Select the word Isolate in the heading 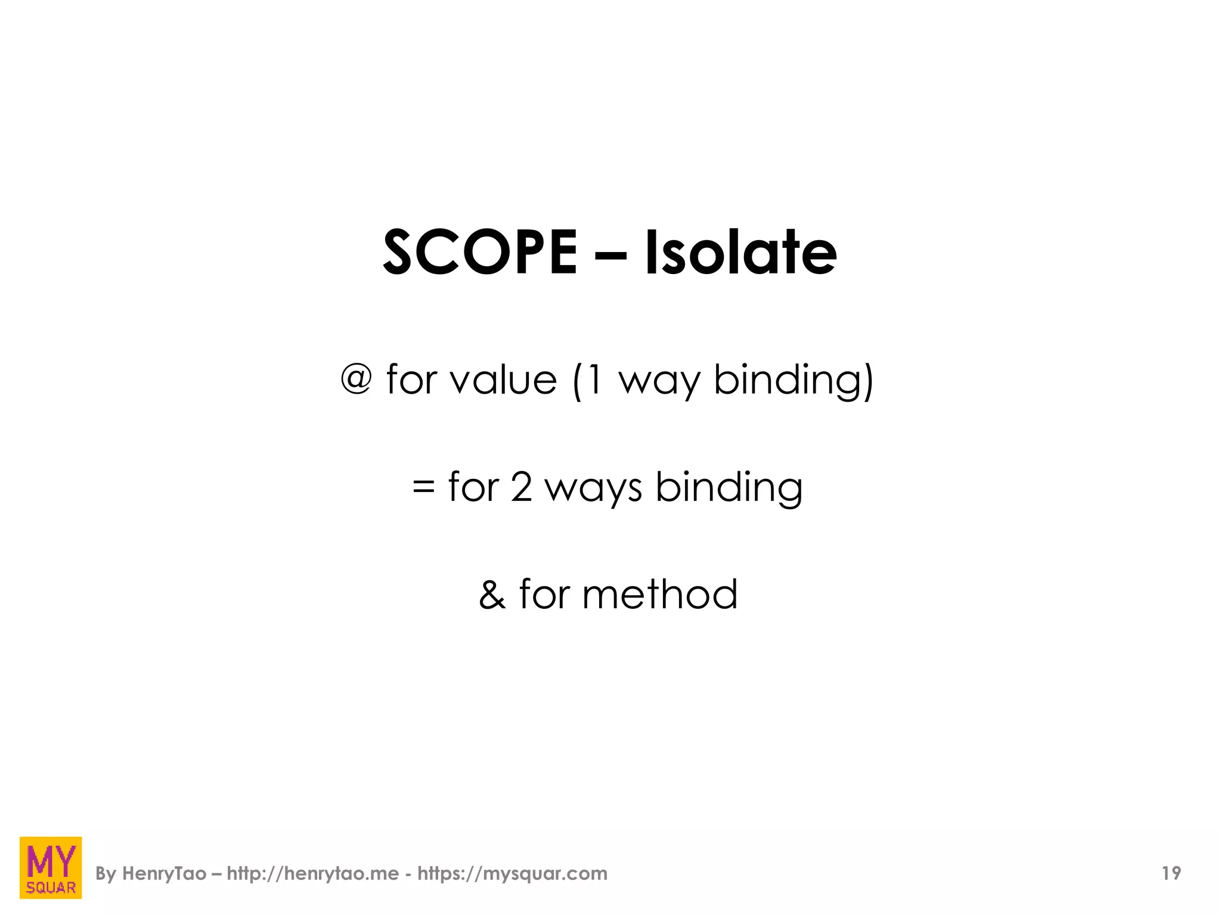(741, 253)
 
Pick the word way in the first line (659, 382)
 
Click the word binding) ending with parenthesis (794, 381)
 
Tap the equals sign (423, 487)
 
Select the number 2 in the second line (521, 487)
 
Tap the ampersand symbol (492, 595)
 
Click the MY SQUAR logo (51, 867)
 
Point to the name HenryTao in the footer (164, 874)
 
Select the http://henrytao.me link (313, 874)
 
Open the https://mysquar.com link (512, 874)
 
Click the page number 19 (1171, 873)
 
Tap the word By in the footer (106, 874)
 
